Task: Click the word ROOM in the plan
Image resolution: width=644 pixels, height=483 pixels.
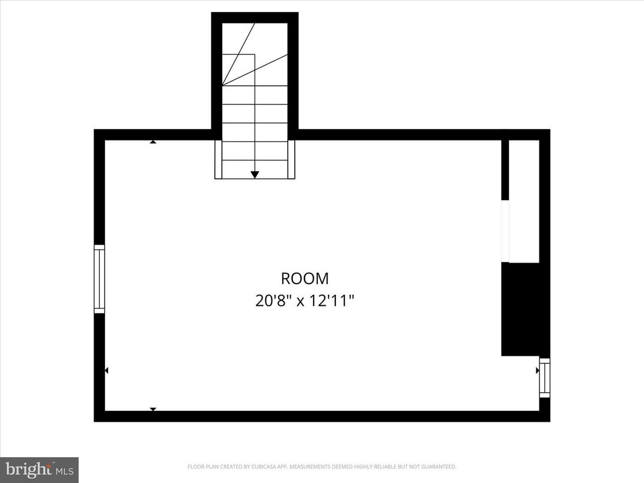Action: pyautogui.click(x=305, y=279)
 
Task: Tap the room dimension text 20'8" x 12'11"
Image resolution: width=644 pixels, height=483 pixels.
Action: pyautogui.click(x=305, y=300)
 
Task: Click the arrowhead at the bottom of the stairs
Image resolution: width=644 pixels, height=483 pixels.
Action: pyautogui.click(x=255, y=174)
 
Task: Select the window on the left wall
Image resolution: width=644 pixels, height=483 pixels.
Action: pyautogui.click(x=100, y=279)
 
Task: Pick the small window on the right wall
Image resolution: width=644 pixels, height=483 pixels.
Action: pyautogui.click(x=544, y=378)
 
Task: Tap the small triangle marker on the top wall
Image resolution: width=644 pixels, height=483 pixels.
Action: pyautogui.click(x=153, y=142)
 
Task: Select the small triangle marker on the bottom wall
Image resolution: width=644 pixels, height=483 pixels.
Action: pyautogui.click(x=153, y=409)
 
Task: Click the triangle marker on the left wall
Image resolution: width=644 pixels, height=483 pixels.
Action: pyautogui.click(x=107, y=371)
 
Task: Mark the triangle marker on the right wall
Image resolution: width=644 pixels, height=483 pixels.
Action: pyautogui.click(x=537, y=371)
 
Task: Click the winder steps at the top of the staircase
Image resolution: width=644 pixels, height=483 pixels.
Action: pyautogui.click(x=255, y=54)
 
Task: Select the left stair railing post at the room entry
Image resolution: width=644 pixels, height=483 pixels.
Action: pyautogui.click(x=219, y=159)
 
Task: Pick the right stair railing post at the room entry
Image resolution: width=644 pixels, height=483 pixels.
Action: pyautogui.click(x=291, y=159)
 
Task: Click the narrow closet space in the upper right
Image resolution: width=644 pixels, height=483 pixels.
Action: pyautogui.click(x=524, y=201)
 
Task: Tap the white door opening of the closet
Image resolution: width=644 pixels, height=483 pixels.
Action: pyautogui.click(x=505, y=231)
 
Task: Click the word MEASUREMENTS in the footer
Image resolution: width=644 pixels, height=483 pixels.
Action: pyautogui.click(x=309, y=467)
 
